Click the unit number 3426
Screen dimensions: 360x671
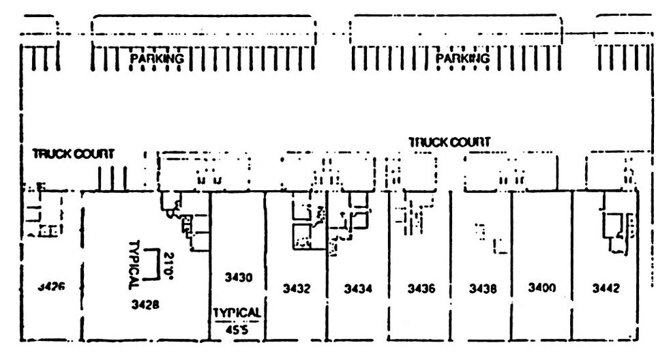click(x=51, y=287)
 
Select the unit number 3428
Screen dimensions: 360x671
click(x=145, y=305)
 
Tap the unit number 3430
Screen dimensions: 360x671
click(x=239, y=277)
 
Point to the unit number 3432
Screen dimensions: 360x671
click(x=297, y=288)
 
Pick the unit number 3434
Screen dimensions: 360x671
click(x=358, y=288)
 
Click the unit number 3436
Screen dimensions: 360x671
click(x=421, y=288)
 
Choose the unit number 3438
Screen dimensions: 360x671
click(x=483, y=288)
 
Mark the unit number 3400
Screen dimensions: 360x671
click(x=542, y=288)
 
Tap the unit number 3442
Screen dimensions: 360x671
click(x=606, y=288)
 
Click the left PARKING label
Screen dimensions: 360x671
click(x=157, y=59)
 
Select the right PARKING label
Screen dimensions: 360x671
click(x=463, y=59)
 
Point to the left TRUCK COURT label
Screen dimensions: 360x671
click(x=73, y=154)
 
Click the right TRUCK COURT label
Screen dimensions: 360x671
click(x=449, y=142)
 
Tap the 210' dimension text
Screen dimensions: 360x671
click(x=168, y=266)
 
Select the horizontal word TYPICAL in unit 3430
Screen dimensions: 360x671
click(x=236, y=312)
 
